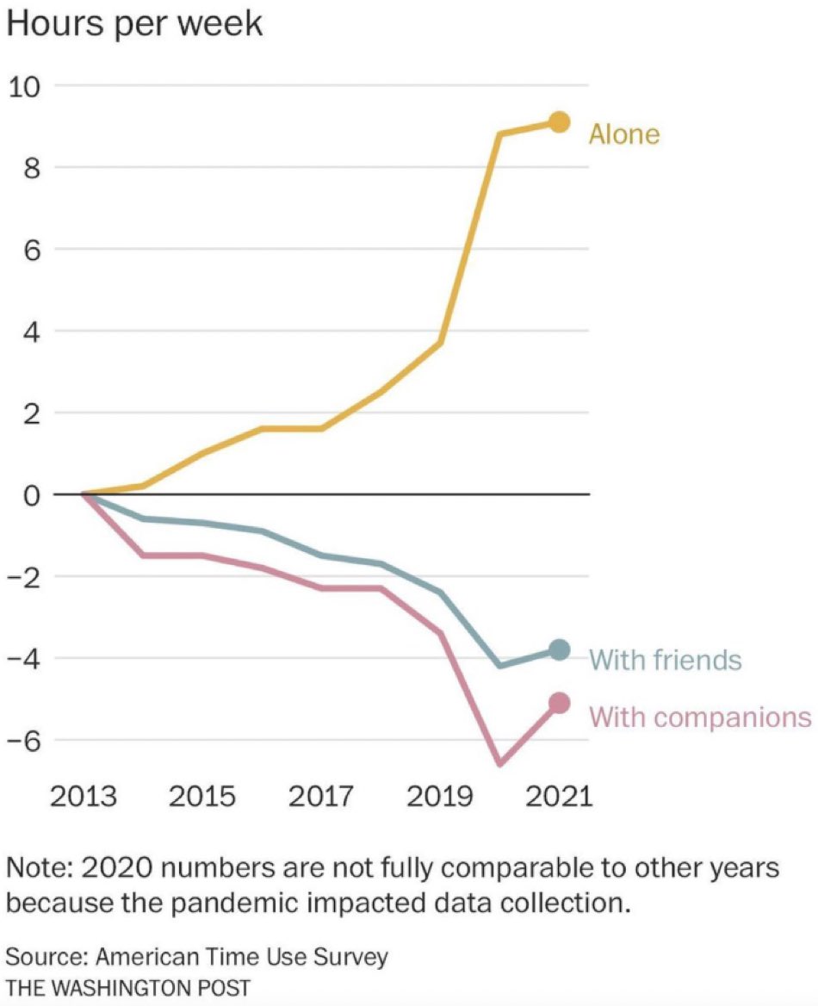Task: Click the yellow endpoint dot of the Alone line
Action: [559, 121]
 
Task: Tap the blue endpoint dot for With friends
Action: [559, 650]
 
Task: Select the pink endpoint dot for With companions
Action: [559, 704]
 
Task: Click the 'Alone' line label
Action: [624, 134]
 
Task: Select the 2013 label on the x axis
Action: [83, 795]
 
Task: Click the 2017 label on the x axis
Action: [320, 795]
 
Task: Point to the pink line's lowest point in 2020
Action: [499, 763]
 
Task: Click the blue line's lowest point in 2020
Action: [499, 666]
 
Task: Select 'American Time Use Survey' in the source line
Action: [242, 957]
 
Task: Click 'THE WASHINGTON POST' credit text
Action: [128, 986]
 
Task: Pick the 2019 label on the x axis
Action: [440, 795]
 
